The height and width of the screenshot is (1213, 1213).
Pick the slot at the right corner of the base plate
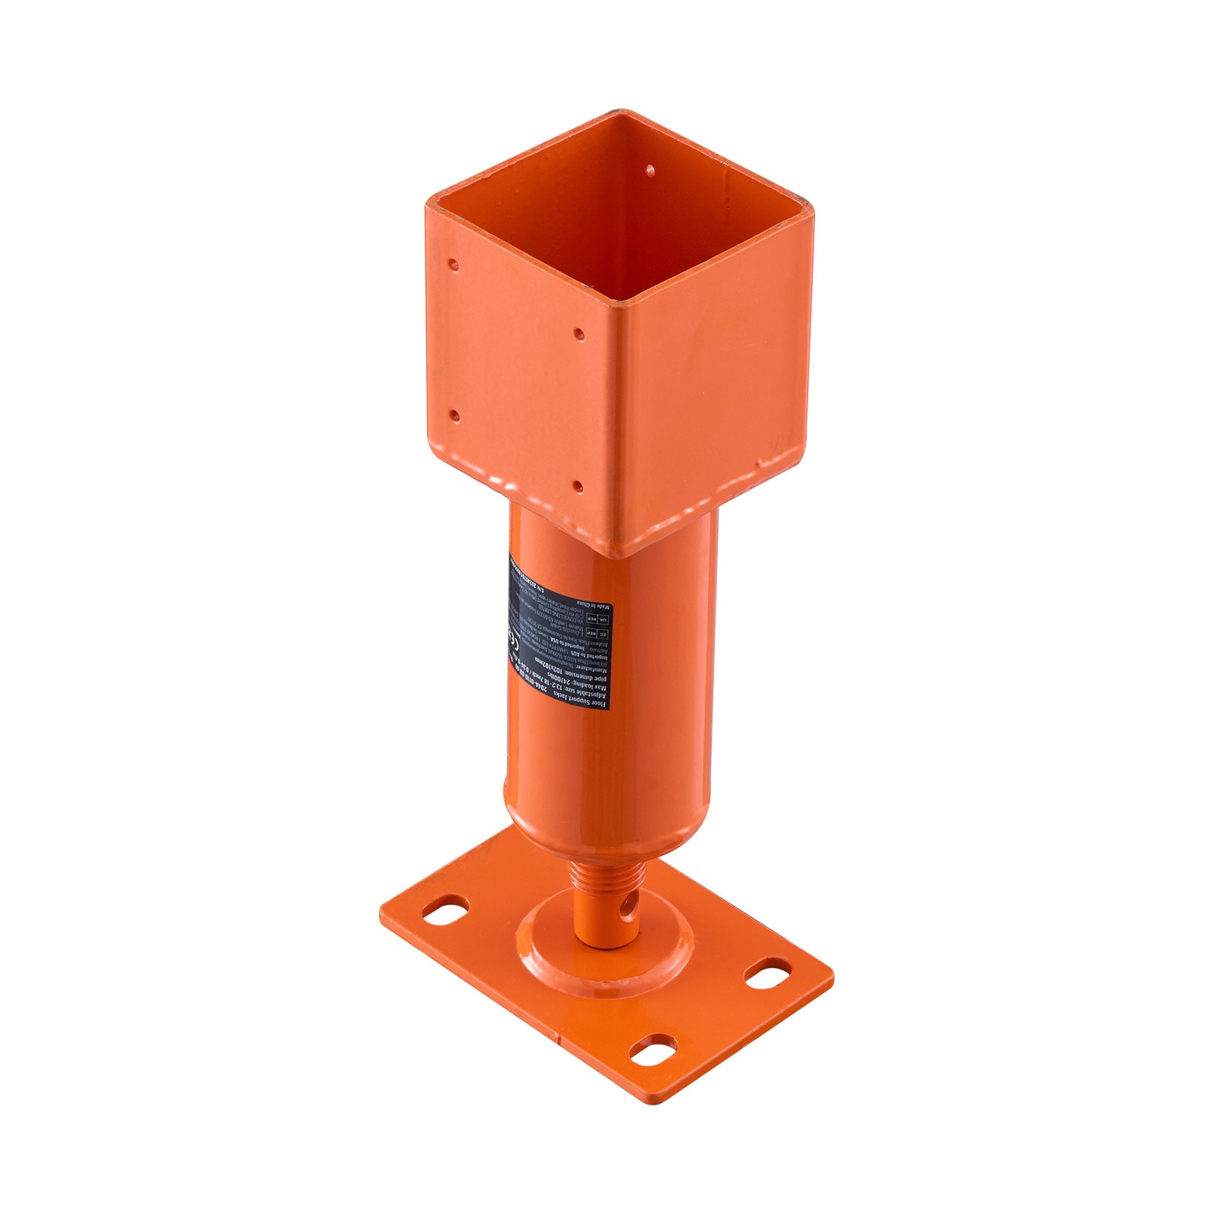pos(768,971)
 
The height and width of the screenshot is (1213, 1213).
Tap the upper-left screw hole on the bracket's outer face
pos(453,265)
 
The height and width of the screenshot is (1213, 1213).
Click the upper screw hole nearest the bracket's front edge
pos(578,333)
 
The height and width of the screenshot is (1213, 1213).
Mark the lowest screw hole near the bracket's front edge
pos(578,485)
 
